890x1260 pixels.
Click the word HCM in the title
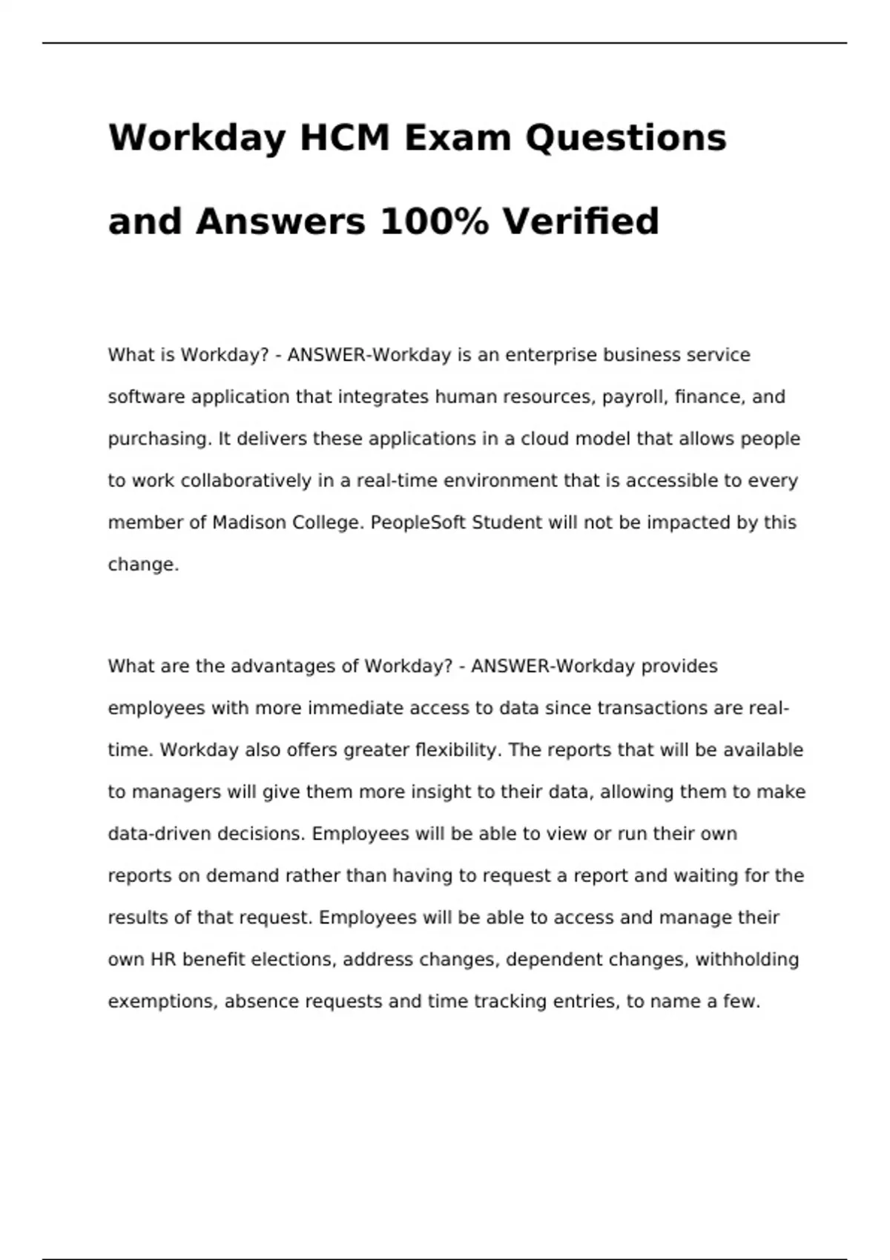point(344,138)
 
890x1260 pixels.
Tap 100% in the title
point(434,222)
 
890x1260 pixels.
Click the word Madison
point(249,523)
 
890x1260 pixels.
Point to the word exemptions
point(162,1001)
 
